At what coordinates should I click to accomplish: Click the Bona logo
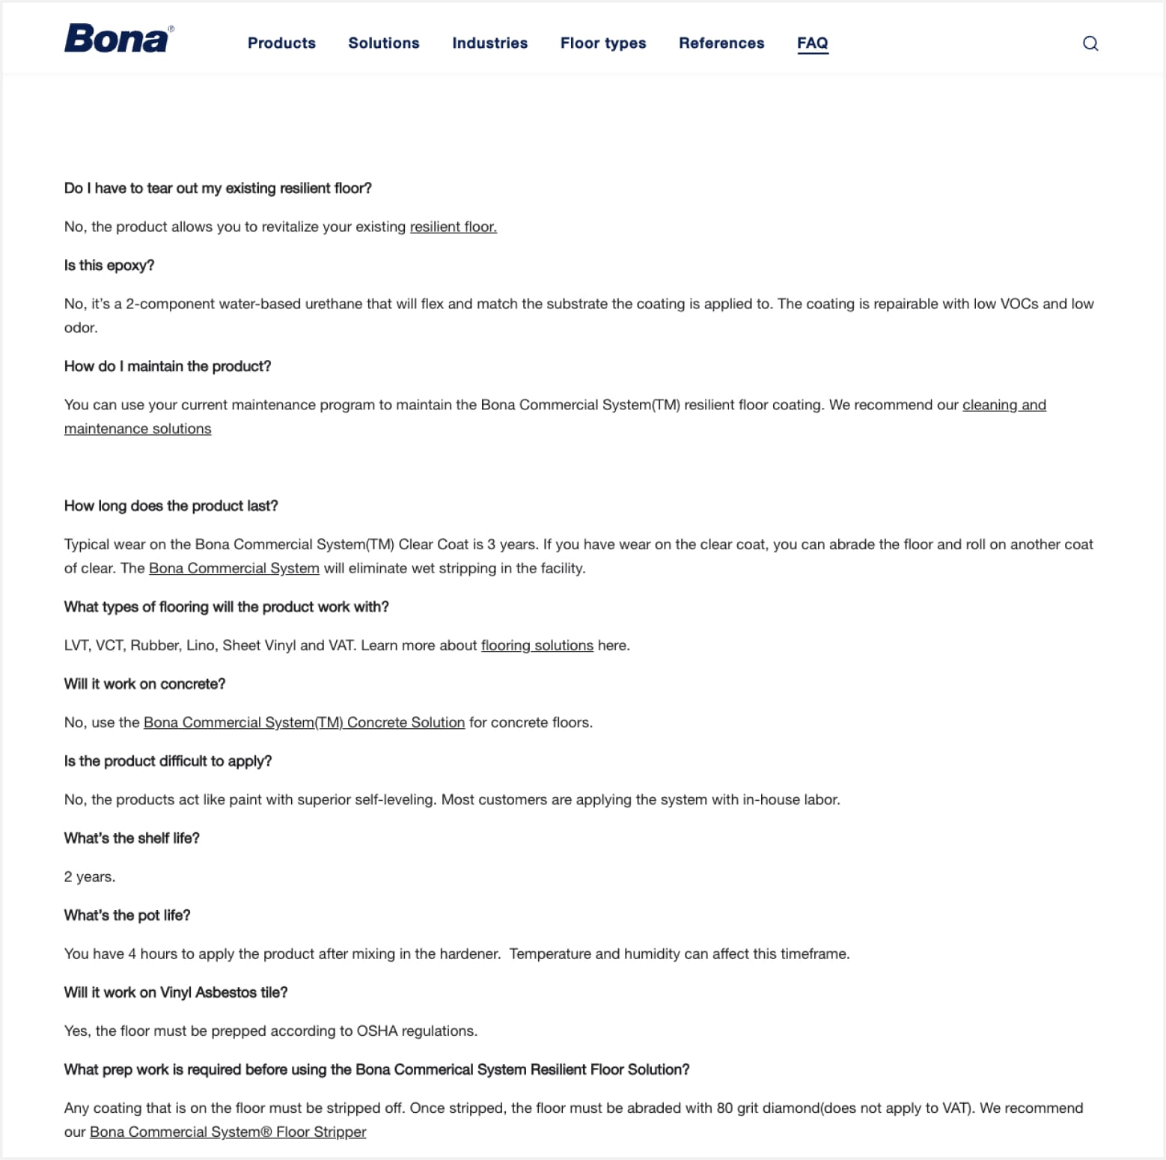pos(118,39)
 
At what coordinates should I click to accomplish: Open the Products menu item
pos(281,43)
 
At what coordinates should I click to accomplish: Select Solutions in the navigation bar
pos(383,43)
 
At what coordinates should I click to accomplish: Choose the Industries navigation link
pos(489,43)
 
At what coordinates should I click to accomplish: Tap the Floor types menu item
pos(602,43)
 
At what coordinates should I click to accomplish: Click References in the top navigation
pos(721,43)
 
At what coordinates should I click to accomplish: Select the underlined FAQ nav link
pos(812,43)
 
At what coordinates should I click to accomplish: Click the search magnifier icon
pos(1090,43)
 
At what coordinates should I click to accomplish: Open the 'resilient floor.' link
pos(453,227)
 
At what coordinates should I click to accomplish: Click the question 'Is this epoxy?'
pos(109,266)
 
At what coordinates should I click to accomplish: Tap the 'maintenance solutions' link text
pos(138,429)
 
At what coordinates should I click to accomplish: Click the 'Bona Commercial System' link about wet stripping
pos(233,568)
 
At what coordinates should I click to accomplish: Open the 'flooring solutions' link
pos(537,645)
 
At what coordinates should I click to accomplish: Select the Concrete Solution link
pos(304,722)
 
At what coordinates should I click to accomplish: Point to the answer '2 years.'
pos(90,876)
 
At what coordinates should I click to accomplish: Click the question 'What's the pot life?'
pos(127,915)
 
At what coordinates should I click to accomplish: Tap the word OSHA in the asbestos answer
pos(376,1031)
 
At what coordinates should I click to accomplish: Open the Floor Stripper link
pos(228,1132)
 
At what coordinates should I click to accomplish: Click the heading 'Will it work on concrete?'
pos(144,684)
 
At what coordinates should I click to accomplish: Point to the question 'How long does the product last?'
pos(171,506)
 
